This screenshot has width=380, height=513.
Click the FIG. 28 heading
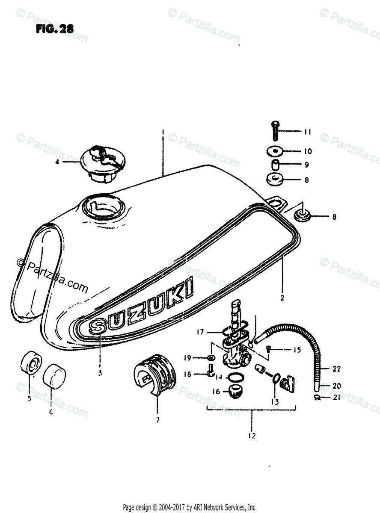click(x=54, y=29)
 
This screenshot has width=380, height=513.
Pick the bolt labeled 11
click(x=275, y=130)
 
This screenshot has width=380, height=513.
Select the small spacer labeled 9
click(x=275, y=165)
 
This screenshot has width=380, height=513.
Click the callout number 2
click(x=282, y=298)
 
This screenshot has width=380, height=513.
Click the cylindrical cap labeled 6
click(x=53, y=376)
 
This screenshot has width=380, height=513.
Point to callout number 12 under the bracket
click(x=251, y=436)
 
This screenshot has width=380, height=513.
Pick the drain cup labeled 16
click(x=235, y=390)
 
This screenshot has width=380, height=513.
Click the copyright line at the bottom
click(x=190, y=507)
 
